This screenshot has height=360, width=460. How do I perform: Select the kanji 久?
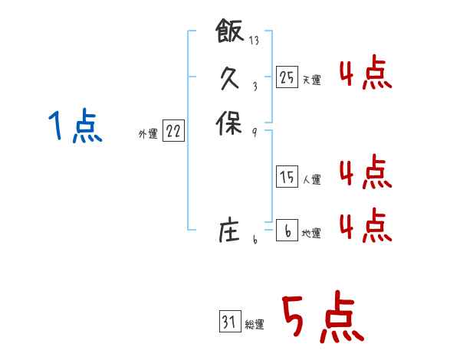tap(230, 77)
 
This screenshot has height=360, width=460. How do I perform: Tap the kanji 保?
tap(230, 123)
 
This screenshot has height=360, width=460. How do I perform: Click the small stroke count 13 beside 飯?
tap(254, 41)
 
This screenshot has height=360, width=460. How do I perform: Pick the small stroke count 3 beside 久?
tap(255, 87)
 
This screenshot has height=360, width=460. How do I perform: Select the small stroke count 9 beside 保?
tap(254, 131)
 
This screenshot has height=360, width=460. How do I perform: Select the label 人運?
tap(311, 180)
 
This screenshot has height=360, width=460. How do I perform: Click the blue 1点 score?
tap(74, 126)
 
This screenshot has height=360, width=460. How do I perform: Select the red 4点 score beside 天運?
tap(365, 75)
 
